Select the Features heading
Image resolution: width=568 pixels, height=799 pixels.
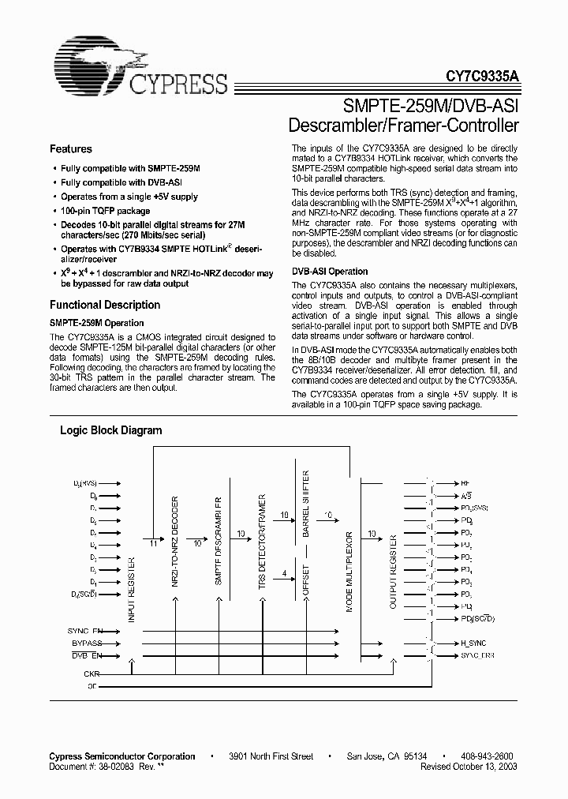pyautogui.click(x=71, y=149)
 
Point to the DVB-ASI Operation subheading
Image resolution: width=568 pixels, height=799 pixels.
pyautogui.click(x=330, y=272)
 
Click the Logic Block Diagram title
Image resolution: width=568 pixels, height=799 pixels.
pyautogui.click(x=111, y=431)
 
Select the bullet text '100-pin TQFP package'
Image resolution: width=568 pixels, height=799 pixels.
pyautogui.click(x=106, y=212)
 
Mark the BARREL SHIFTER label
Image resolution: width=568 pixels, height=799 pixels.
pyautogui.click(x=305, y=497)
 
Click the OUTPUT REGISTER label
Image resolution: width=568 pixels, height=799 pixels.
pyautogui.click(x=393, y=572)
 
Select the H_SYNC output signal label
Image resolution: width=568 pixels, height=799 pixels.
pyautogui.click(x=474, y=643)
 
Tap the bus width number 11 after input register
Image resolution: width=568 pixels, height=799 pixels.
pyautogui.click(x=152, y=544)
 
